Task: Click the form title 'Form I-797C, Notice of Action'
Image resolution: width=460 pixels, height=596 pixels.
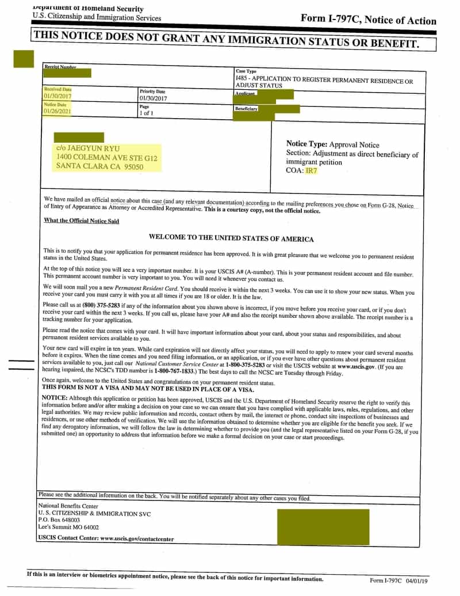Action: pos(368,20)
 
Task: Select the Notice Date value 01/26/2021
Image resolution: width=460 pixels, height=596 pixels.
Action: pos(57,111)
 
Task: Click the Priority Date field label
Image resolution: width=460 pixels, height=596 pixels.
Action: pos(152,92)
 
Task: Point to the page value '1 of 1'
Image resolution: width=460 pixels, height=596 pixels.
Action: pos(145,113)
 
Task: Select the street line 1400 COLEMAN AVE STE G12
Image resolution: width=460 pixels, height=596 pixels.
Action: pos(106,157)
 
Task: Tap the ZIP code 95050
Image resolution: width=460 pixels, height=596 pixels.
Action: pos(131,166)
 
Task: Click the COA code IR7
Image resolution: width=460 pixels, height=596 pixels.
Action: pos(311,170)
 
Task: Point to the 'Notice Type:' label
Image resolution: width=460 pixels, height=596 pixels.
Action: pos(306,145)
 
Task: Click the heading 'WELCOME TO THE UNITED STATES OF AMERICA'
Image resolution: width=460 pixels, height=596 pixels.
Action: pos(231,238)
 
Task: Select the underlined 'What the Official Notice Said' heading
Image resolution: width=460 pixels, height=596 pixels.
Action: pos(81,221)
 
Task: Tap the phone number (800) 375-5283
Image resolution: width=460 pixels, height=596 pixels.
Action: pos(85,305)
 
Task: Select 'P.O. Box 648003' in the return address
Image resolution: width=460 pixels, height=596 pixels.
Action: pos(59,519)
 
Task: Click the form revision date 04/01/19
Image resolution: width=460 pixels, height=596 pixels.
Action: pos(419,580)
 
